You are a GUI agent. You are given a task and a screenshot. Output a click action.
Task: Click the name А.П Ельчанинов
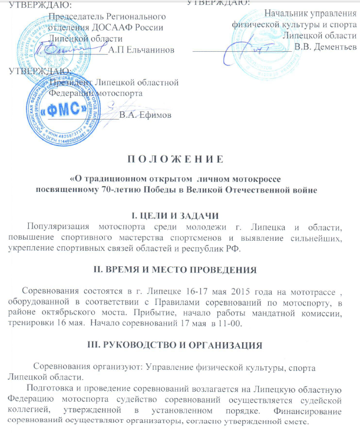point(142,50)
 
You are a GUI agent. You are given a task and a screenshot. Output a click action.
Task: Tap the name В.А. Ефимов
point(145,115)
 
